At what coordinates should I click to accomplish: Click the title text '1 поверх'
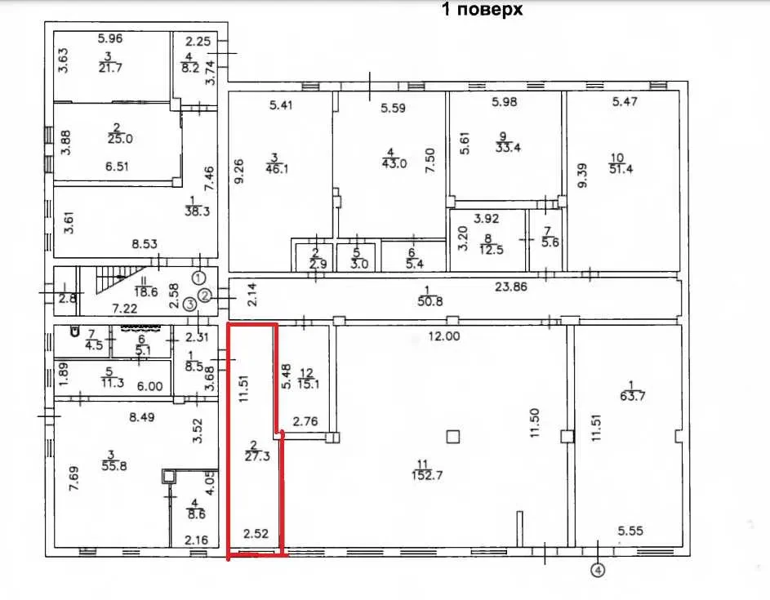pos(483,9)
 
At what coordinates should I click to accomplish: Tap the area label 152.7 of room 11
pos(427,475)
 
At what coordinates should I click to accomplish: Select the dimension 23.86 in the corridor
pos(510,287)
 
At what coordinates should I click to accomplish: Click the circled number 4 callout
pos(598,571)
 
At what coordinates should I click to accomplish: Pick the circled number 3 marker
pos(189,304)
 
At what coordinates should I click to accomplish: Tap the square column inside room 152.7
pos(452,436)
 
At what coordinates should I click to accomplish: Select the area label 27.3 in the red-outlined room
pos(257,456)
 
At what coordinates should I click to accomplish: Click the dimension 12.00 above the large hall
pos(444,336)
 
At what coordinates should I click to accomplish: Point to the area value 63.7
pos(632,396)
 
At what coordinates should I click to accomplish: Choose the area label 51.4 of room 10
pos(621,170)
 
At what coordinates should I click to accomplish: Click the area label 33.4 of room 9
pos(508,147)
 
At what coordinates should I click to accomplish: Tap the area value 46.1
pos(277,170)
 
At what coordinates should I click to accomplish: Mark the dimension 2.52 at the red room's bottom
pos(256,533)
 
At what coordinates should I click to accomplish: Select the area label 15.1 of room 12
pos(308,384)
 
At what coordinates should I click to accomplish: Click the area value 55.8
pos(114,465)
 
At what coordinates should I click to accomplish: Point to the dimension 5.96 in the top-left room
pos(110,38)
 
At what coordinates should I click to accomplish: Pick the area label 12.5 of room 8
pos(492,250)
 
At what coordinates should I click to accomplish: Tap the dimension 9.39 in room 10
pos(582,176)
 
